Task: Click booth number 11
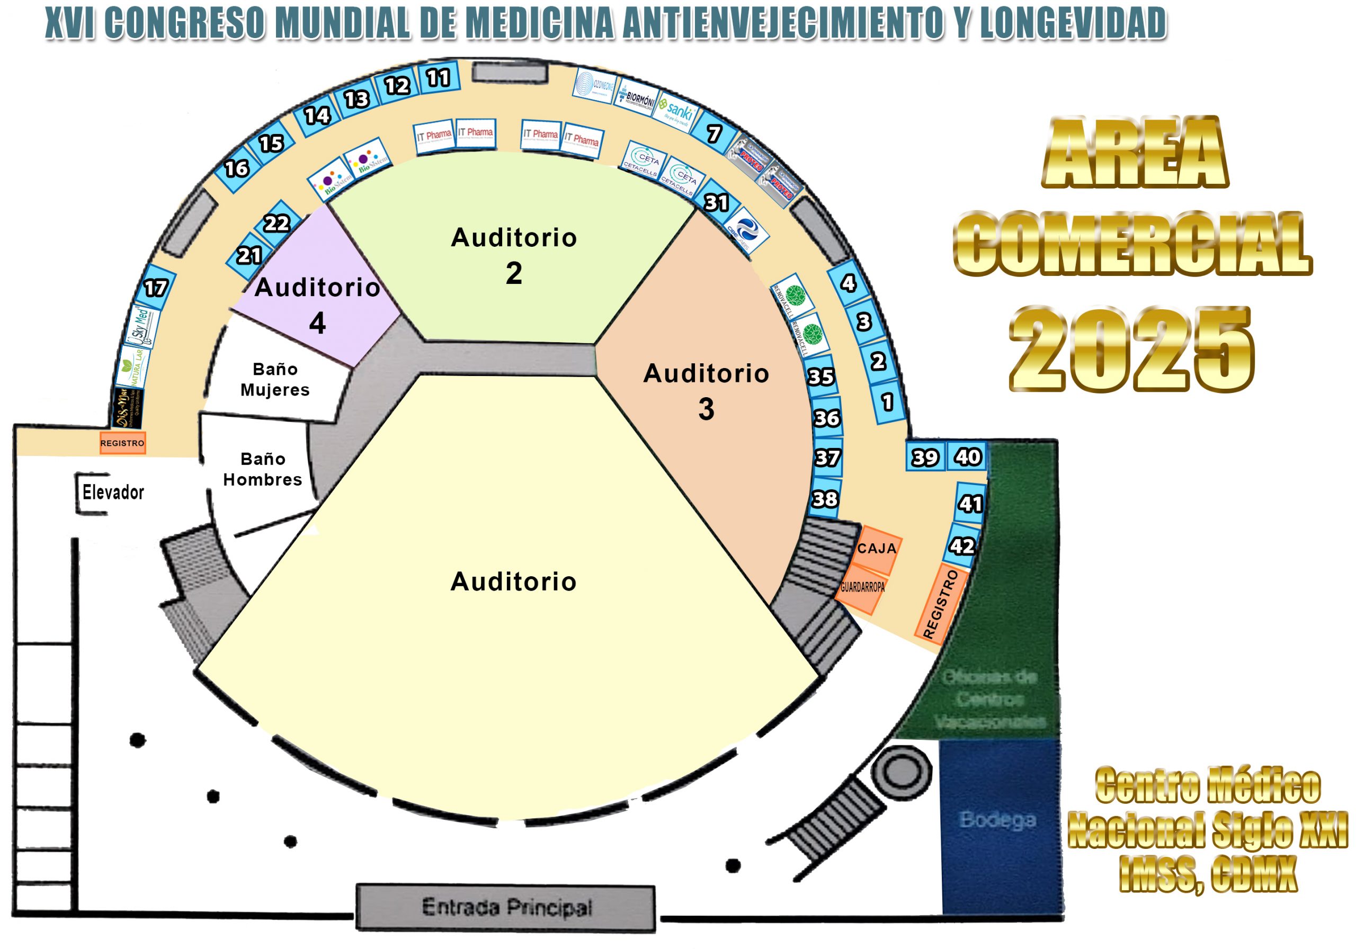[x=438, y=77]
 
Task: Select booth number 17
[x=156, y=288]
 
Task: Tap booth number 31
[x=716, y=202]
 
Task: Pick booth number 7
[x=714, y=133]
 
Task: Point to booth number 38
[x=825, y=499]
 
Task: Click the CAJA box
[x=877, y=549]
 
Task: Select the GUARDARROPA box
[x=862, y=588]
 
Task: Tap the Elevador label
[x=113, y=492]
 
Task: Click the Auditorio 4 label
[x=318, y=304]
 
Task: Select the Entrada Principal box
[x=506, y=908]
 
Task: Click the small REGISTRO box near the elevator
[x=122, y=443]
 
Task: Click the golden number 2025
[x=1131, y=348]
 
